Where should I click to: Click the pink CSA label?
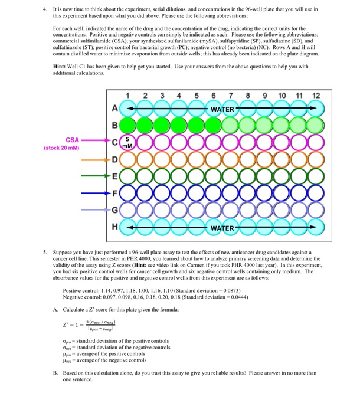(x=72, y=140)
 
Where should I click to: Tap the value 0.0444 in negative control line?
(x=244, y=299)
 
